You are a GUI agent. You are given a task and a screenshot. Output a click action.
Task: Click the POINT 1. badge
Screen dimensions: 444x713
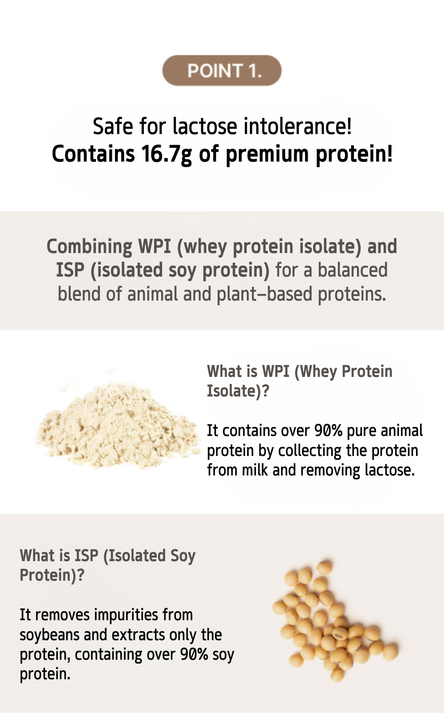tap(222, 70)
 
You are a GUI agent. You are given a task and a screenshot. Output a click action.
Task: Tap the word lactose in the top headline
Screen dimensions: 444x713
tap(205, 126)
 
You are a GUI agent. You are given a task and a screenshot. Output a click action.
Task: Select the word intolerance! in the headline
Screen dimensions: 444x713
tap(297, 126)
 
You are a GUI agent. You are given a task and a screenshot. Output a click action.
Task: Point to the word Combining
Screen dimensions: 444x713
tap(89, 247)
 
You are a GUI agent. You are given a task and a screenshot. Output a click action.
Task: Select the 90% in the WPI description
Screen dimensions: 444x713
tap(329, 431)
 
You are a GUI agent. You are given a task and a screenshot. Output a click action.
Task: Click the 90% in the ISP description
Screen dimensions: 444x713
tap(194, 654)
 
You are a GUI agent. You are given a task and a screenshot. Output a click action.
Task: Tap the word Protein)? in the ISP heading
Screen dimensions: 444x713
tap(52, 575)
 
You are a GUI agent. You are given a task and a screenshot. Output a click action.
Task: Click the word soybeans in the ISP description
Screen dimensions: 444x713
tap(50, 635)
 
